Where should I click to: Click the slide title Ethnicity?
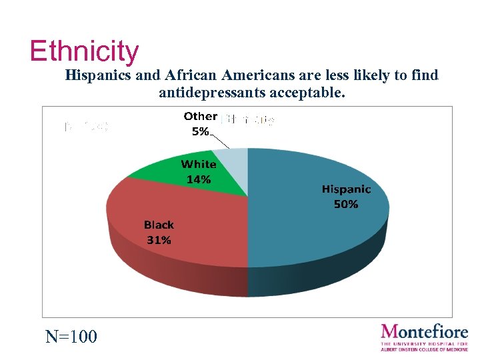pyautogui.click(x=84, y=51)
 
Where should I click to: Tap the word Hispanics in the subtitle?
pyautogui.click(x=98, y=75)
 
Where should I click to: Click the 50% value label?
pyautogui.click(x=345, y=205)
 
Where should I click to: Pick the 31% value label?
pyautogui.click(x=159, y=240)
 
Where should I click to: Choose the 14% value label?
pyautogui.click(x=199, y=179)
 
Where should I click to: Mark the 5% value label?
pyautogui.click(x=200, y=131)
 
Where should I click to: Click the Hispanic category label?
pyautogui.click(x=346, y=189)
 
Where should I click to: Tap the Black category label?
pyautogui.click(x=159, y=225)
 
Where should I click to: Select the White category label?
pyautogui.click(x=199, y=164)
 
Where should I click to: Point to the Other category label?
pyautogui.click(x=200, y=117)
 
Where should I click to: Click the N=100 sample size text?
pyautogui.click(x=71, y=337)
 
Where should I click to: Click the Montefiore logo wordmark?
pyautogui.click(x=424, y=331)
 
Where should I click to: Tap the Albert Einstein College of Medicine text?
pyautogui.click(x=424, y=349)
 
